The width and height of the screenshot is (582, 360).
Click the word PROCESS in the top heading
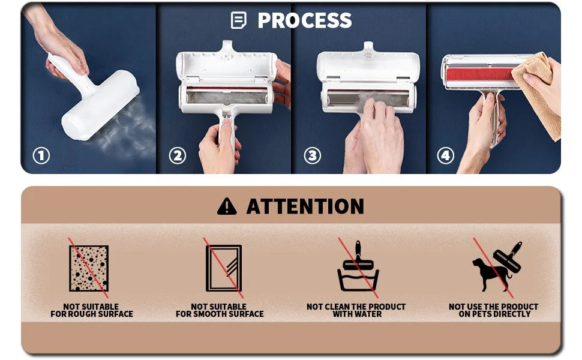pyautogui.click(x=304, y=20)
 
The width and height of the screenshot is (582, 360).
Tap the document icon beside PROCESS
pyautogui.click(x=238, y=20)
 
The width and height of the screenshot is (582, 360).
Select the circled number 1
pyautogui.click(x=41, y=156)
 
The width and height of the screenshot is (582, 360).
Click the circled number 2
pyautogui.click(x=177, y=156)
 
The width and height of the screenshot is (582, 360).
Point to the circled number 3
pyautogui.click(x=312, y=156)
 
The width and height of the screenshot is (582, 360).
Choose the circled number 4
pyautogui.click(x=445, y=156)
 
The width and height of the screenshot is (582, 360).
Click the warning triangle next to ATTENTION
pyautogui.click(x=227, y=206)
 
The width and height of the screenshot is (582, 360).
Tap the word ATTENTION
pyautogui.click(x=305, y=206)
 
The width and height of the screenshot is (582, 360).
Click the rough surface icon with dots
pyautogui.click(x=89, y=268)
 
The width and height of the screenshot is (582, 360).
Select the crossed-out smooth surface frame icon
pyautogui.click(x=223, y=268)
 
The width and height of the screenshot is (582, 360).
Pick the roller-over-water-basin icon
pyautogui.click(x=358, y=268)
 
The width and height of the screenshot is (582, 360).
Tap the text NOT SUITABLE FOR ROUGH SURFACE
pyautogui.click(x=92, y=310)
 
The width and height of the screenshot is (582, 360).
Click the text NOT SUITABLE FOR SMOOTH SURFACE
pyautogui.click(x=220, y=310)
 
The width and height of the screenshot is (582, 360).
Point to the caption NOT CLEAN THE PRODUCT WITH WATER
pyautogui.click(x=356, y=310)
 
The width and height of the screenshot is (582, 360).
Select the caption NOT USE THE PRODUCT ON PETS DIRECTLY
pyautogui.click(x=494, y=310)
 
